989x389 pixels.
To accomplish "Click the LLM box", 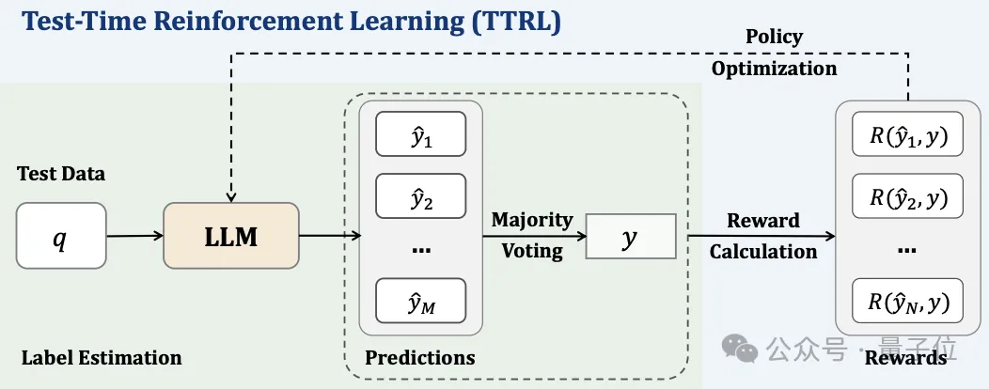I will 230,236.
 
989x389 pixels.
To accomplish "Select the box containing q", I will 61,237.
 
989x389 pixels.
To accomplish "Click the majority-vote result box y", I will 631,237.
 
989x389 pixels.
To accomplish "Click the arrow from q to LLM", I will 134,237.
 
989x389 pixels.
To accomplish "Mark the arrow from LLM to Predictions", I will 329,237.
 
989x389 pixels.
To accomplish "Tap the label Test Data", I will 61,174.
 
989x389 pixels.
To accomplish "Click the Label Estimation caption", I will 102,357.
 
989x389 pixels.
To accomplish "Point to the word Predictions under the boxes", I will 420,357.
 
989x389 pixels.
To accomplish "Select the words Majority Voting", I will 531,235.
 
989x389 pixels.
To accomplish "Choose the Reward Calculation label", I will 762,236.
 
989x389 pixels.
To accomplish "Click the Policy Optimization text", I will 773,53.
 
